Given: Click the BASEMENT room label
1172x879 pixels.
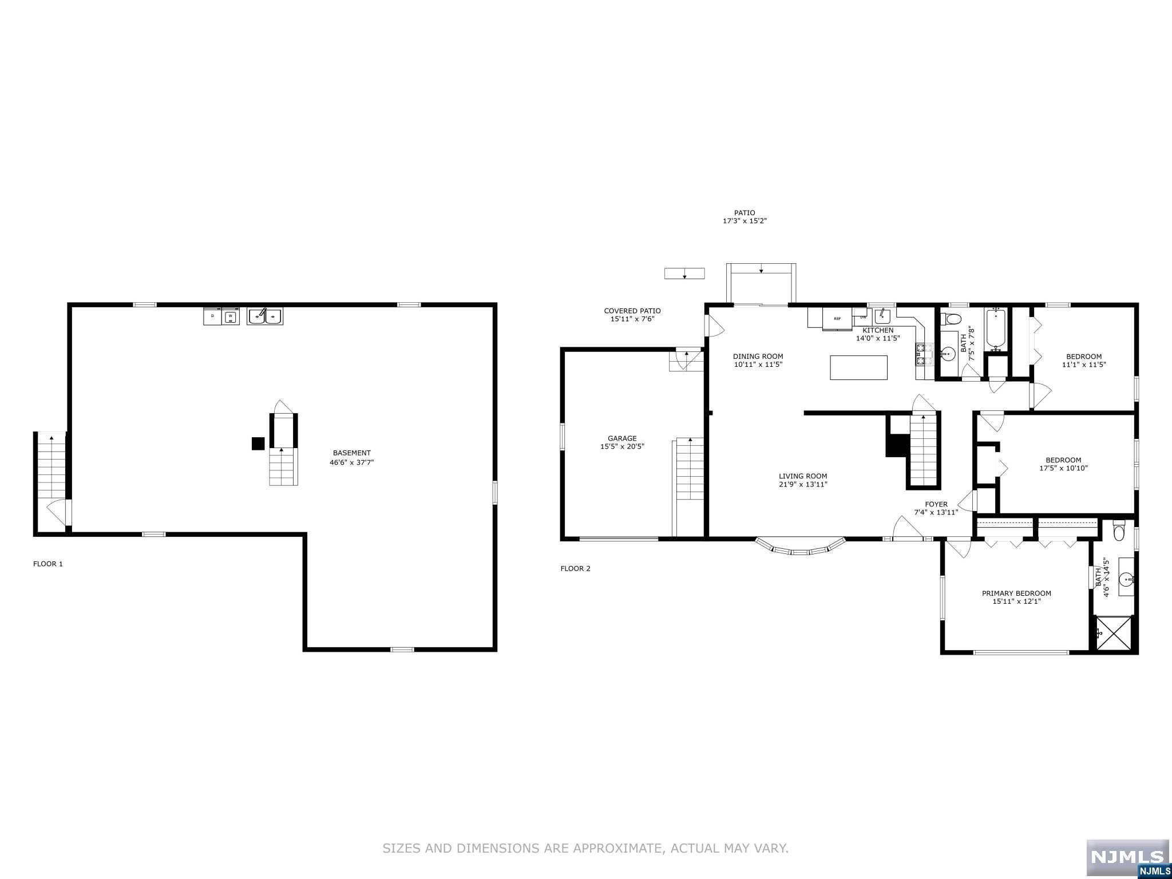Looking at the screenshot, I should pos(351,453).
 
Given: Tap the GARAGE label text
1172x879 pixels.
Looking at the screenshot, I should pos(622,438).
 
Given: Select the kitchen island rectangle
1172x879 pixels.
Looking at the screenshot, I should pos(858,367).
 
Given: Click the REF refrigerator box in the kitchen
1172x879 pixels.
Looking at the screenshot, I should pos(837,319).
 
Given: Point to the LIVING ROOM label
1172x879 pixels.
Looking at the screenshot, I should pos(802,476).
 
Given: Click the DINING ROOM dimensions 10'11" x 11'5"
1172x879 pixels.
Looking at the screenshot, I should pos(758,365).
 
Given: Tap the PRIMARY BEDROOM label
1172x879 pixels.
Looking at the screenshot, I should pos(1016,593).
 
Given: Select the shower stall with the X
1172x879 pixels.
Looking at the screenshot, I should pos(1113,633).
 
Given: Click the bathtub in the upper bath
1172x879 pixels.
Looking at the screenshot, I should pos(996,329).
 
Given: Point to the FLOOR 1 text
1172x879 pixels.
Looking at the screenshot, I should pos(48,564).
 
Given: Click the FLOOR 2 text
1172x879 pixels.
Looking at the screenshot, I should pos(575,568).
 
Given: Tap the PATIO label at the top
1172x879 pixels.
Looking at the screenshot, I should pos(745,212).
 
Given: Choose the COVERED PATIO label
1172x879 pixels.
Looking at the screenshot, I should pos(632,311).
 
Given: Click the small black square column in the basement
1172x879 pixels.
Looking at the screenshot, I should pos(258,444).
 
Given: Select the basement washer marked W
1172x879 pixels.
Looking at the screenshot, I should pos(231,316).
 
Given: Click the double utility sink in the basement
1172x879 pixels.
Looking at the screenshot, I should pos(264,316).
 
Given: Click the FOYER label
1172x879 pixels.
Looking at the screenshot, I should pos(936,504).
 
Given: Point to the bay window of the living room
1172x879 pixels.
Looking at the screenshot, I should pos(800,548).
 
